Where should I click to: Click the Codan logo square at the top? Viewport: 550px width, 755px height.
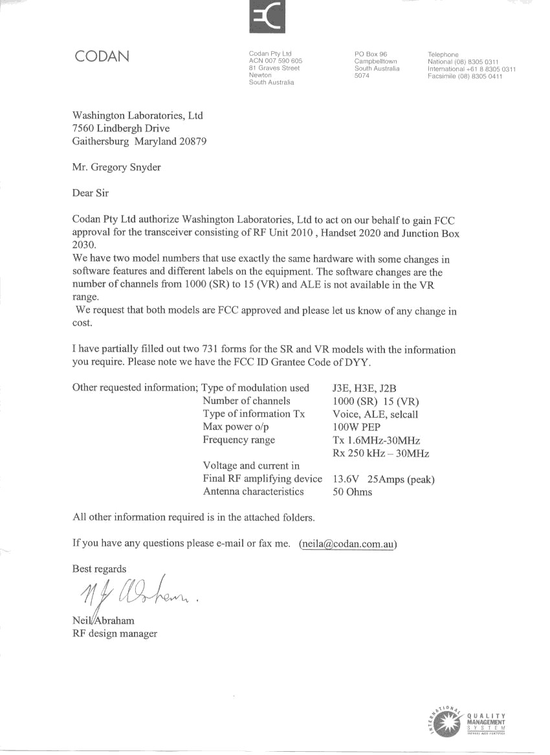267,16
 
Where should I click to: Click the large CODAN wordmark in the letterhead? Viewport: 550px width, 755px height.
102,56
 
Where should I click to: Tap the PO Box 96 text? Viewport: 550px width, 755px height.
371,54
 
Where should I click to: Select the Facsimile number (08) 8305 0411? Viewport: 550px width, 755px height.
465,76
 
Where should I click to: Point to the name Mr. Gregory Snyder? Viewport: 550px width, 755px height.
116,167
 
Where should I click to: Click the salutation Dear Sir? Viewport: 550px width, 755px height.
91,192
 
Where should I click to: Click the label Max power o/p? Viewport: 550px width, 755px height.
235,427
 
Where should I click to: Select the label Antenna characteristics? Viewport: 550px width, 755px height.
253,491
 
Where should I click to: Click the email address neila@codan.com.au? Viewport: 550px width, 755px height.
347,543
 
